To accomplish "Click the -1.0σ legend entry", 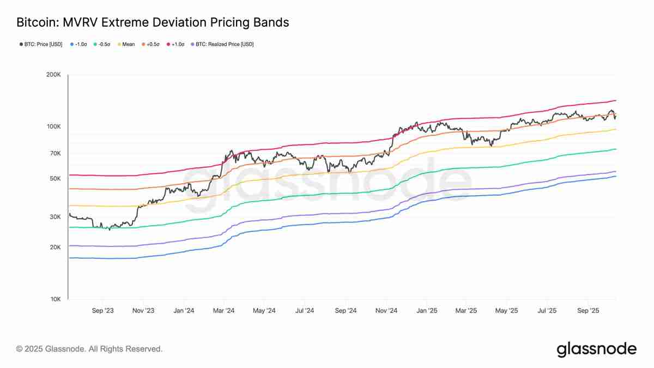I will [x=80, y=44].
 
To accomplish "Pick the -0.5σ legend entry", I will [x=104, y=44].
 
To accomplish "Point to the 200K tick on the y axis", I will [x=53, y=75].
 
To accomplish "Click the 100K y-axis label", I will [x=53, y=126].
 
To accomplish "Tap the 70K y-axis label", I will [x=55, y=154].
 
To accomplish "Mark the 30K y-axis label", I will [x=55, y=217].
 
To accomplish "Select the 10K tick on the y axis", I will [x=55, y=299].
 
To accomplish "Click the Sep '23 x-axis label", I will [x=102, y=311].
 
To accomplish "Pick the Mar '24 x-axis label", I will [x=223, y=311].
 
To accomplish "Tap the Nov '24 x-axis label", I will [x=386, y=311].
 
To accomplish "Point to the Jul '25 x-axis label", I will [x=547, y=311].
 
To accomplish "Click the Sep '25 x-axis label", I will [x=588, y=311].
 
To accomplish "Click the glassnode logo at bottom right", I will [x=596, y=349].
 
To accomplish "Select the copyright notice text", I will [x=89, y=349].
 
